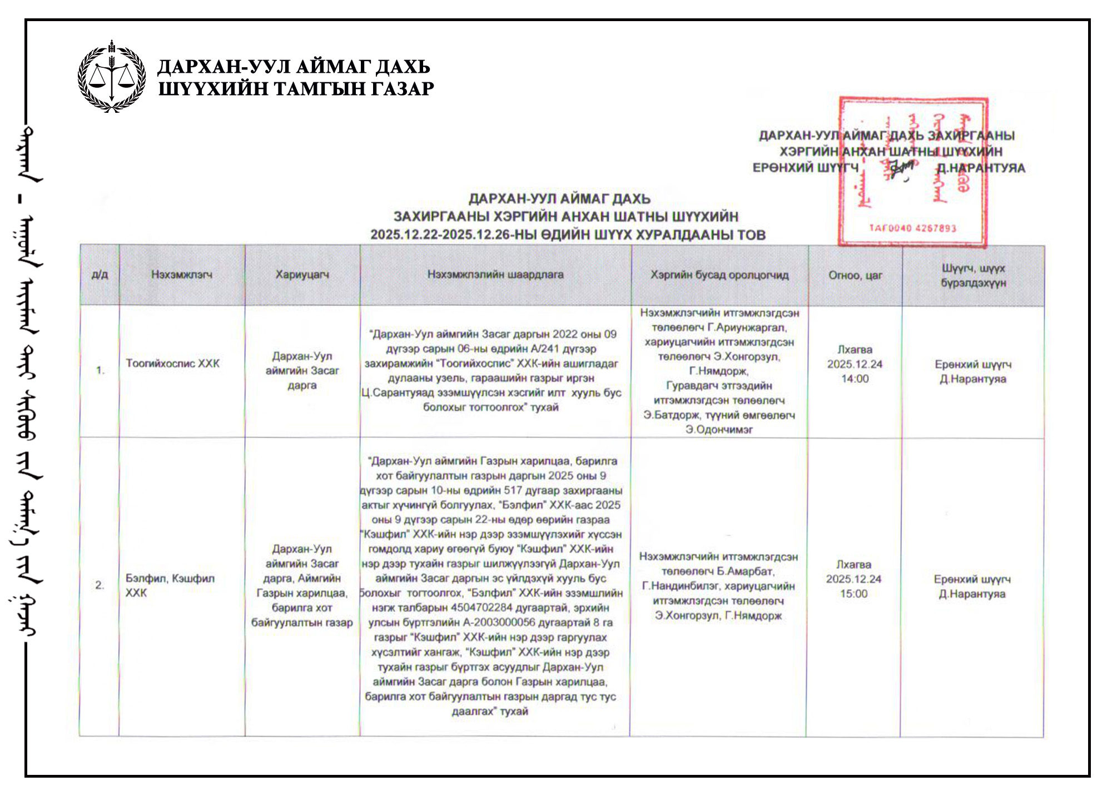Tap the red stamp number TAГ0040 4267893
pyautogui.click(x=912, y=228)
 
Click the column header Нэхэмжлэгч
pyautogui.click(x=182, y=275)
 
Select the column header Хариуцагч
pyautogui.click(x=302, y=275)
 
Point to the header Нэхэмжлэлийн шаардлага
pyautogui.click(x=495, y=275)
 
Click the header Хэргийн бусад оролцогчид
pyautogui.click(x=719, y=275)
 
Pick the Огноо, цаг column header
pyautogui.click(x=855, y=275)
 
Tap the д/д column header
pyautogui.click(x=100, y=275)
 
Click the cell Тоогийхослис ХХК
pyautogui.click(x=173, y=364)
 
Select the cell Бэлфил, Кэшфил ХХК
pyautogui.click(x=170, y=585)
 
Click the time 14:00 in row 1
pyautogui.click(x=855, y=379)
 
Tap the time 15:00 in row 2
pyautogui.click(x=853, y=594)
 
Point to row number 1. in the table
pyautogui.click(x=100, y=370)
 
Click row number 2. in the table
pyautogui.click(x=100, y=585)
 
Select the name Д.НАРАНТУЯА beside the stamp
pyautogui.click(x=981, y=168)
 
